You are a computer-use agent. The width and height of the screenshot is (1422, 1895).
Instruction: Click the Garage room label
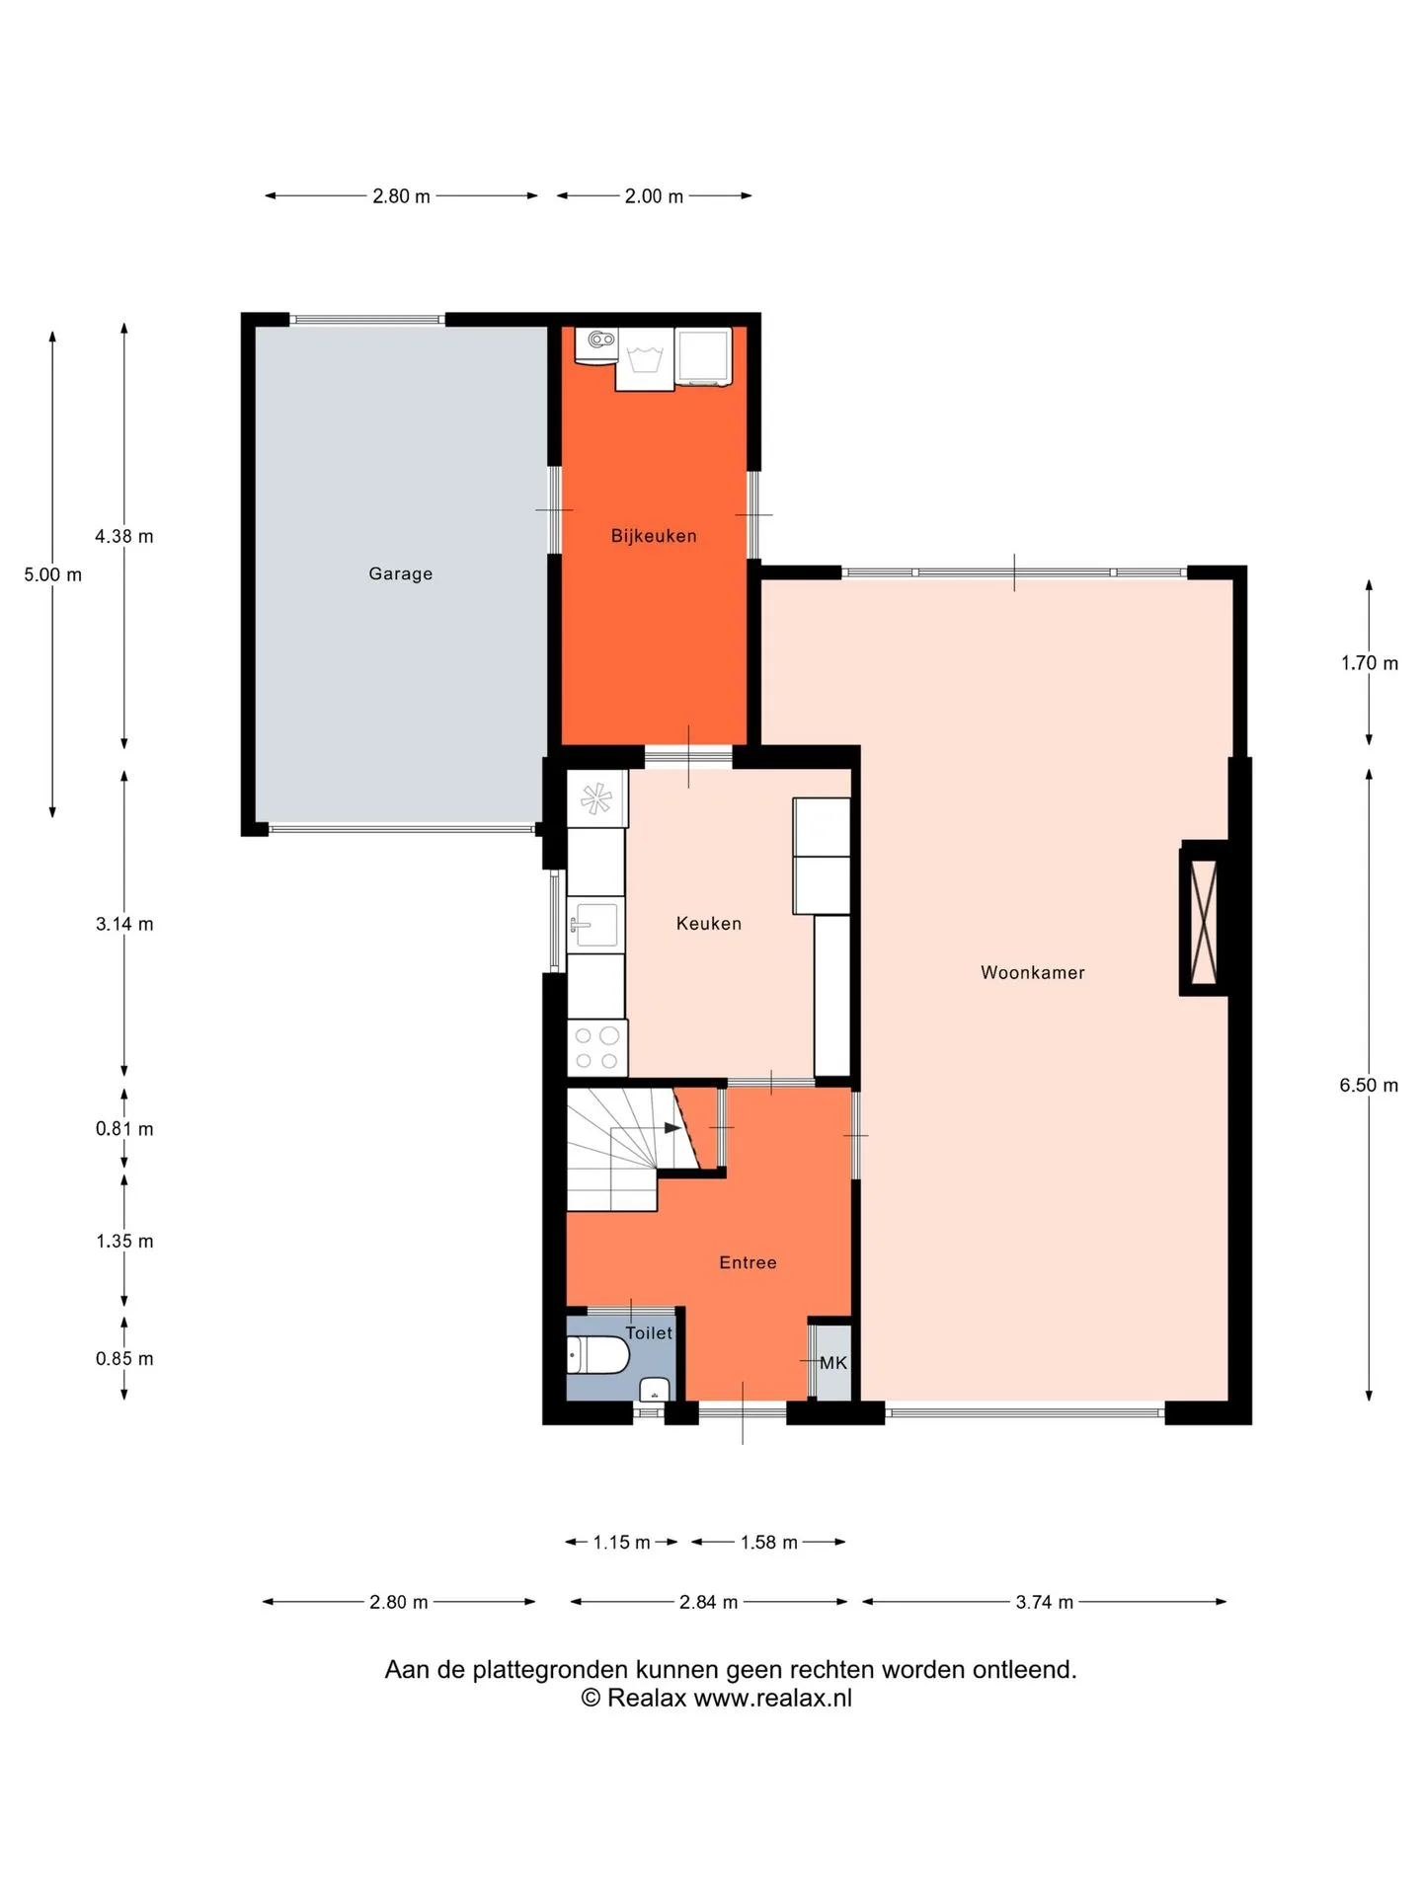point(400,573)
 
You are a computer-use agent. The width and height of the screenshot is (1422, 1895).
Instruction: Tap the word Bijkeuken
point(654,536)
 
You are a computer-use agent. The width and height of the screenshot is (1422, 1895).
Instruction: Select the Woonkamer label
point(1032,972)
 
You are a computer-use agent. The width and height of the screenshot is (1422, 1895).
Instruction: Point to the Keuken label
point(708,924)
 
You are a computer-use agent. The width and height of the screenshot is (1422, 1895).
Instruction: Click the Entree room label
point(748,1262)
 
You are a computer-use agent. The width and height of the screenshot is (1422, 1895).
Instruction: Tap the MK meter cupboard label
point(833,1363)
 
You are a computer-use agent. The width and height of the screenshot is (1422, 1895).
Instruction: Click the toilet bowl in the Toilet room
point(598,1355)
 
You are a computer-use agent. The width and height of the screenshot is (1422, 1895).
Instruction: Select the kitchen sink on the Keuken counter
point(595,925)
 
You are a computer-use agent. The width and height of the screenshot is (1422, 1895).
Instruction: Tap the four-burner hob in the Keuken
point(596,1047)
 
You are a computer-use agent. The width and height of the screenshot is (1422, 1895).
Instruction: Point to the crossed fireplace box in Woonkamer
point(1204,922)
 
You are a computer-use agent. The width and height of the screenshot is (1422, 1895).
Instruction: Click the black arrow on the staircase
point(672,1128)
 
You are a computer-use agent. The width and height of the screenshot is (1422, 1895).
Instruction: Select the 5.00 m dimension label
point(53,574)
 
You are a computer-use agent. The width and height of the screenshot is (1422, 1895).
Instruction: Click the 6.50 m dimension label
point(1369,1086)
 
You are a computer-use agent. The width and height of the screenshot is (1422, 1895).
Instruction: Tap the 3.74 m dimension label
point(1045,1602)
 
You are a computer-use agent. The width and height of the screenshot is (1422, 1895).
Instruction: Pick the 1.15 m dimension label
point(621,1543)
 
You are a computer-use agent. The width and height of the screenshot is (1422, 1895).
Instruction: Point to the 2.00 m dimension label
point(654,196)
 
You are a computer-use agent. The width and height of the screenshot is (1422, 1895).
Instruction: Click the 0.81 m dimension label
point(124,1129)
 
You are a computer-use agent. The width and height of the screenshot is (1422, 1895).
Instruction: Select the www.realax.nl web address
point(772,1698)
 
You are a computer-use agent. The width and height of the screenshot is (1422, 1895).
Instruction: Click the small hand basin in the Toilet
point(655,1390)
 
